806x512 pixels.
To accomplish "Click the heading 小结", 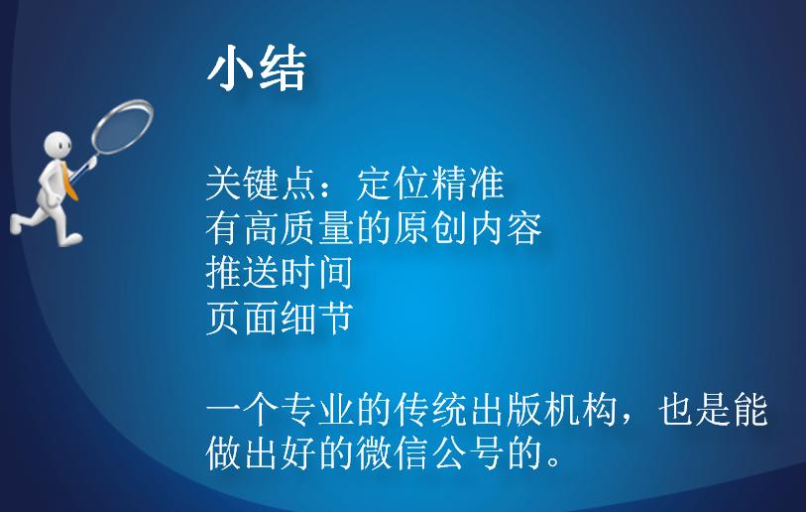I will click(x=256, y=69).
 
